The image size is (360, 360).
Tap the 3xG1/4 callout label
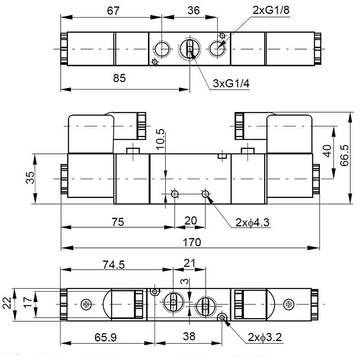click(231, 83)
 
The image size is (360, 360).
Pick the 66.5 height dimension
click(345, 156)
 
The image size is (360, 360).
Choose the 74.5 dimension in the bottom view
click(113, 265)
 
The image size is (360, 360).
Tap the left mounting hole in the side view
click(175, 194)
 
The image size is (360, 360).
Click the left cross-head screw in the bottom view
click(86, 305)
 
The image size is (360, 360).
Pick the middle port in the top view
click(189, 48)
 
